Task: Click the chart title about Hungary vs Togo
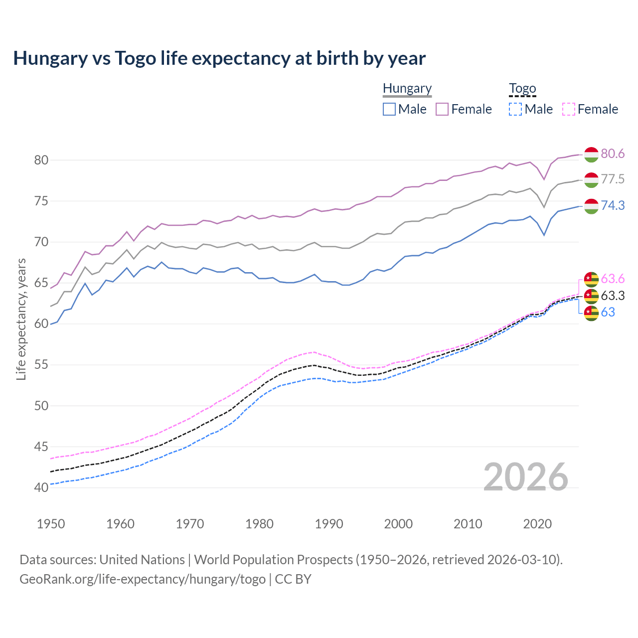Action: point(219,58)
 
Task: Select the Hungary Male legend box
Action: point(389,109)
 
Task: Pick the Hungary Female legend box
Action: point(442,109)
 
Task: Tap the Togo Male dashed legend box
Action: point(515,109)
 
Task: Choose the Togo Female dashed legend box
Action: point(568,109)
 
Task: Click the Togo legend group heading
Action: point(522,89)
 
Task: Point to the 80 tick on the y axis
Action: point(41,160)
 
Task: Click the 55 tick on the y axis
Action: point(41,365)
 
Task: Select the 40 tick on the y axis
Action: point(41,487)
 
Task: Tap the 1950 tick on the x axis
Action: point(51,524)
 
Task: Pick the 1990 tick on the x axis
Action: point(329,524)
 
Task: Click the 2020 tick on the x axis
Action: point(537,524)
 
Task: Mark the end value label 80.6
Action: point(613,154)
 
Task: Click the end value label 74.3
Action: point(613,205)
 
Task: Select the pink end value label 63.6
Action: point(613,279)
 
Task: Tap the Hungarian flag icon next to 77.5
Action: point(591,180)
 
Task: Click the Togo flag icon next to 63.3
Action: point(591,296)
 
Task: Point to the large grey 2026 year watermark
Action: point(526,477)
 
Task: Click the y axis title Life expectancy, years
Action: point(21,319)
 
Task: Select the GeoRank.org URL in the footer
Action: point(143,579)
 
